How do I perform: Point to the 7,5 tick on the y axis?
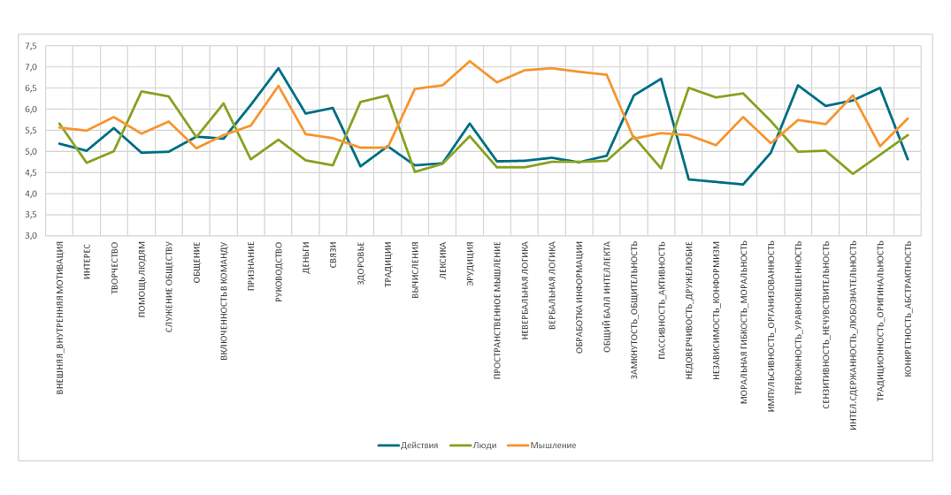tap(30, 46)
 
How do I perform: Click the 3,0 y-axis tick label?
tap(30, 236)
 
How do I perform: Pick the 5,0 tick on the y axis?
tap(30, 152)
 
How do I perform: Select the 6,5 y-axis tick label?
tap(30, 88)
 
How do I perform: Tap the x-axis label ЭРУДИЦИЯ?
tap(470, 266)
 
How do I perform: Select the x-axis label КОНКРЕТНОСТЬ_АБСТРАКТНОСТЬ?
tap(908, 308)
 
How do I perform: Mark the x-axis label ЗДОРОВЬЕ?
tap(361, 263)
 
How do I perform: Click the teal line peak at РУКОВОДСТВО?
tap(278, 68)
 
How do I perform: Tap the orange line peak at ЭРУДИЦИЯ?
tap(469, 61)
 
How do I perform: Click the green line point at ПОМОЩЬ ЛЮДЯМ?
tap(142, 91)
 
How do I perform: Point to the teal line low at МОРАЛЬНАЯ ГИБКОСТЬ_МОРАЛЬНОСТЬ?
tap(743, 185)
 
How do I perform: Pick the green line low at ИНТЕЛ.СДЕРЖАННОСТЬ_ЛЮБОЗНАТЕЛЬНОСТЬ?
tap(852, 174)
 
